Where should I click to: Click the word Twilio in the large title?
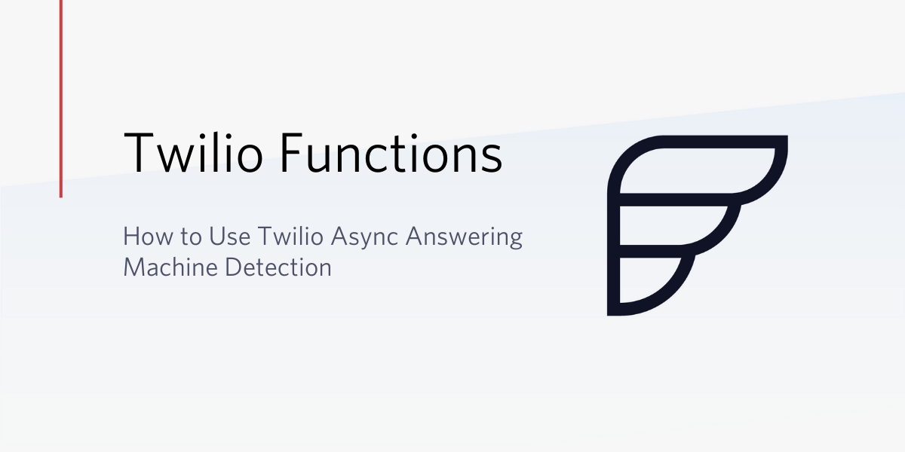coord(194,152)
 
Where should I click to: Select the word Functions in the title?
coord(391,152)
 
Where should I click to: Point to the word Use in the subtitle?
coord(229,236)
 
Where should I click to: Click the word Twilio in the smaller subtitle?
coord(290,236)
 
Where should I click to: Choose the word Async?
coord(365,238)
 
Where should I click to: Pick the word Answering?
coord(465,238)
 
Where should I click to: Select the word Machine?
coord(170,267)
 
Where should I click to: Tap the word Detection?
coord(278,267)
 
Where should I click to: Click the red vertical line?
coord(61,99)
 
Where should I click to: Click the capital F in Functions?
coord(291,152)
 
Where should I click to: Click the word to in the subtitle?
coord(190,237)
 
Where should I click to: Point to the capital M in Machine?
coord(134,267)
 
